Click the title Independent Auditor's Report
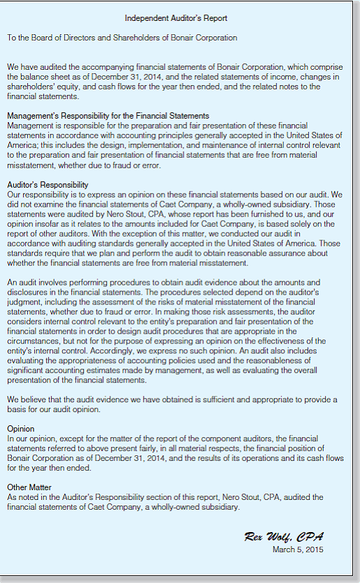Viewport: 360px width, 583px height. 176,17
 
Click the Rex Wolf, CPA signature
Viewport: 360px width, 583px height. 284,536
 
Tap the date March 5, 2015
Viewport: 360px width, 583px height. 298,549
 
